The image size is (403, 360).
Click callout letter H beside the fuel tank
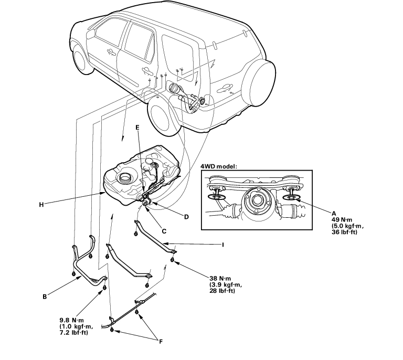41,205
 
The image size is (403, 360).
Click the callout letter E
137,128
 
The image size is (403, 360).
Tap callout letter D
186,217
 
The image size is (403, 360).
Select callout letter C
164,231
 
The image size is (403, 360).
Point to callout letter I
223,245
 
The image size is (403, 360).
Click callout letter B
45,297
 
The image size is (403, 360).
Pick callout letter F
161,342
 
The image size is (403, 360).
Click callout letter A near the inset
334,213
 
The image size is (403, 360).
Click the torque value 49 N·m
342,220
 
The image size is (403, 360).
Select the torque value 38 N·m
220,278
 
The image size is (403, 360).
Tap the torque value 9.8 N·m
72,321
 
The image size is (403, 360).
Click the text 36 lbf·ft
344,232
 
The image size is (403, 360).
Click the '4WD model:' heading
219,166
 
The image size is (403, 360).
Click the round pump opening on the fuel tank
125,177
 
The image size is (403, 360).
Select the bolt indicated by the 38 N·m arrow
172,260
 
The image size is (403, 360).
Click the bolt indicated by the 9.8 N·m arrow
104,288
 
